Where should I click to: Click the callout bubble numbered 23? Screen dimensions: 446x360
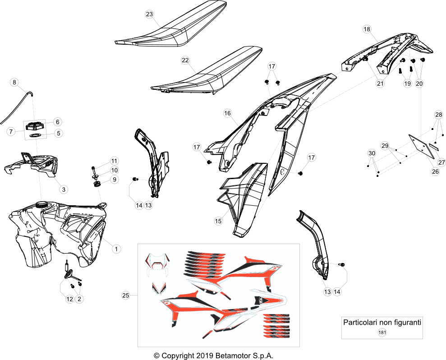point(149,14)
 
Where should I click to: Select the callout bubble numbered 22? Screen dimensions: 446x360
point(185,60)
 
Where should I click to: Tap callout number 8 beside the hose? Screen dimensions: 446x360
point(14,83)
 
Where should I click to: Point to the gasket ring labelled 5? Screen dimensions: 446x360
point(36,135)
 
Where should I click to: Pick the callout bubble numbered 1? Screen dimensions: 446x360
point(116,249)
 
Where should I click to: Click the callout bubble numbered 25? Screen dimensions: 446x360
point(125,295)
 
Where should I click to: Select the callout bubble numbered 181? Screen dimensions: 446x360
point(382,332)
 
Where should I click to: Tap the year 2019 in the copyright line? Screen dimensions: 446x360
point(205,356)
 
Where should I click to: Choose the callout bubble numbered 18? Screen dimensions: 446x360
point(367,29)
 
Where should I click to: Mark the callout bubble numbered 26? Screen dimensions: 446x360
point(435,171)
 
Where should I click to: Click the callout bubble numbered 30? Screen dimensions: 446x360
point(372,153)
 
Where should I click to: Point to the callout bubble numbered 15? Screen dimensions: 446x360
point(218,221)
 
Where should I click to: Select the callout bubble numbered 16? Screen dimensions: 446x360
point(227,113)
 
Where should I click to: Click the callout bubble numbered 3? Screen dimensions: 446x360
point(64,189)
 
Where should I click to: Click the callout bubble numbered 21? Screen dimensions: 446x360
point(380,83)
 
